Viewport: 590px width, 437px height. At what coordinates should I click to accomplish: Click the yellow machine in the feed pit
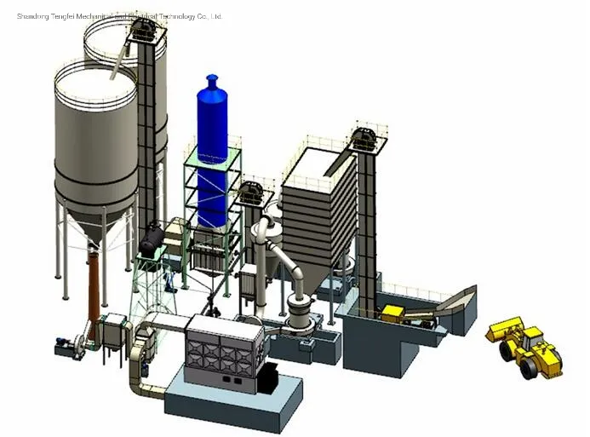395,313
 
